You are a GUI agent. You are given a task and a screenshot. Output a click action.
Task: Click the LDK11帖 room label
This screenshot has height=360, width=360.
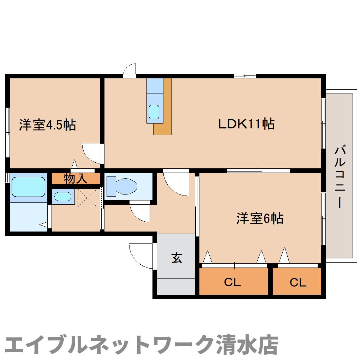(x=246, y=124)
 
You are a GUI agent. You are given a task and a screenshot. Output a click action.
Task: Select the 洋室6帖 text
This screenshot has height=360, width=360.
(x=260, y=219)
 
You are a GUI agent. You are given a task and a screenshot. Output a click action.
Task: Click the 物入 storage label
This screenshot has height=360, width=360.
(x=76, y=179)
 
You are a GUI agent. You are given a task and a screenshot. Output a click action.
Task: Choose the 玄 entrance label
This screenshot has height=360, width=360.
(x=177, y=258)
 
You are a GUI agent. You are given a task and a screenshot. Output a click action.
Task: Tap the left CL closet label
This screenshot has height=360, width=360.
(x=232, y=282)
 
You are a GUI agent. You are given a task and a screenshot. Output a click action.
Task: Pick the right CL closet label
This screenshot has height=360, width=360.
(x=298, y=282)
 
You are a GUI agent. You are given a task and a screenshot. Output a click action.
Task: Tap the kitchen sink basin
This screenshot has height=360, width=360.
(x=154, y=112)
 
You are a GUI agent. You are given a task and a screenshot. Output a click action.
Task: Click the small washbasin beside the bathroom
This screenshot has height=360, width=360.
(x=63, y=196)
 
